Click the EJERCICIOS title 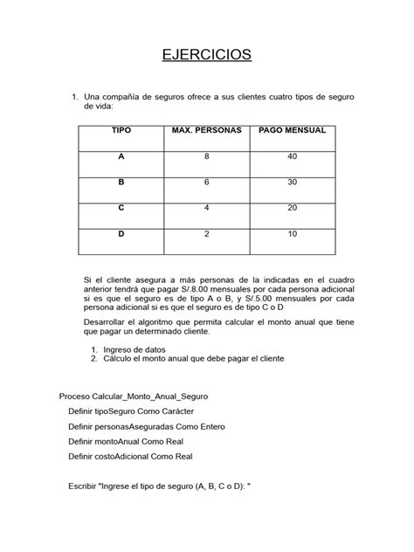(x=207, y=55)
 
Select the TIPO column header (x=121, y=131)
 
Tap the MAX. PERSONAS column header (x=207, y=131)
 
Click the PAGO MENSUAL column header (x=293, y=131)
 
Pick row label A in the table (x=121, y=156)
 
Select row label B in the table (x=121, y=183)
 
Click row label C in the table (x=121, y=208)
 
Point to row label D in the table (x=121, y=234)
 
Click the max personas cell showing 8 (x=207, y=156)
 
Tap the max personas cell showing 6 (x=207, y=183)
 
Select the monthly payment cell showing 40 (x=293, y=156)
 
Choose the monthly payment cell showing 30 (x=293, y=183)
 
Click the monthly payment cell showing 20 (x=293, y=208)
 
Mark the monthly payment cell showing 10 (x=293, y=234)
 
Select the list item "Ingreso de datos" (x=141, y=348)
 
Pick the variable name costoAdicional (x=133, y=456)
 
